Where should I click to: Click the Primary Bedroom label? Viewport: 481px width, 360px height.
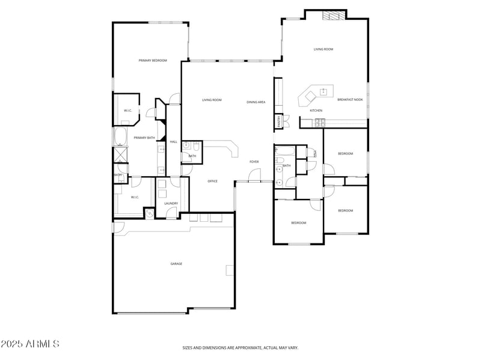click(153, 61)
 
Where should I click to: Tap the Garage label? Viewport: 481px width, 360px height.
click(176, 264)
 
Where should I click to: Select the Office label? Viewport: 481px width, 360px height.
click(212, 181)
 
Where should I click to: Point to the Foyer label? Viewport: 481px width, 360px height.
click(254, 162)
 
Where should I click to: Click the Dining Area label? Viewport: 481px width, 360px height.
click(256, 102)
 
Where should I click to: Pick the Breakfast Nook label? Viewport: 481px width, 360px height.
click(350, 100)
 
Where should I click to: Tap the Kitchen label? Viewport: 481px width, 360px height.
click(316, 111)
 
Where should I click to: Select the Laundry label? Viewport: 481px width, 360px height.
click(171, 203)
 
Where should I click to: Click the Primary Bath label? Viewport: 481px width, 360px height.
click(144, 138)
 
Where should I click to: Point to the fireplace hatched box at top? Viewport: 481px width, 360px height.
click(334, 16)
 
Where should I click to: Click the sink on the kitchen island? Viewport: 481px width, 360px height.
click(323, 92)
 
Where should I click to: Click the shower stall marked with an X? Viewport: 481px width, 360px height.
click(120, 154)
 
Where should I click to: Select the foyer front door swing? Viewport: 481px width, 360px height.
click(255, 175)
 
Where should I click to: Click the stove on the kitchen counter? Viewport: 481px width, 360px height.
click(319, 123)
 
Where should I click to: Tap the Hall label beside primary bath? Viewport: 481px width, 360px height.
click(173, 142)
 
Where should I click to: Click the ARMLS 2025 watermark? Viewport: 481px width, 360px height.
click(30, 344)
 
